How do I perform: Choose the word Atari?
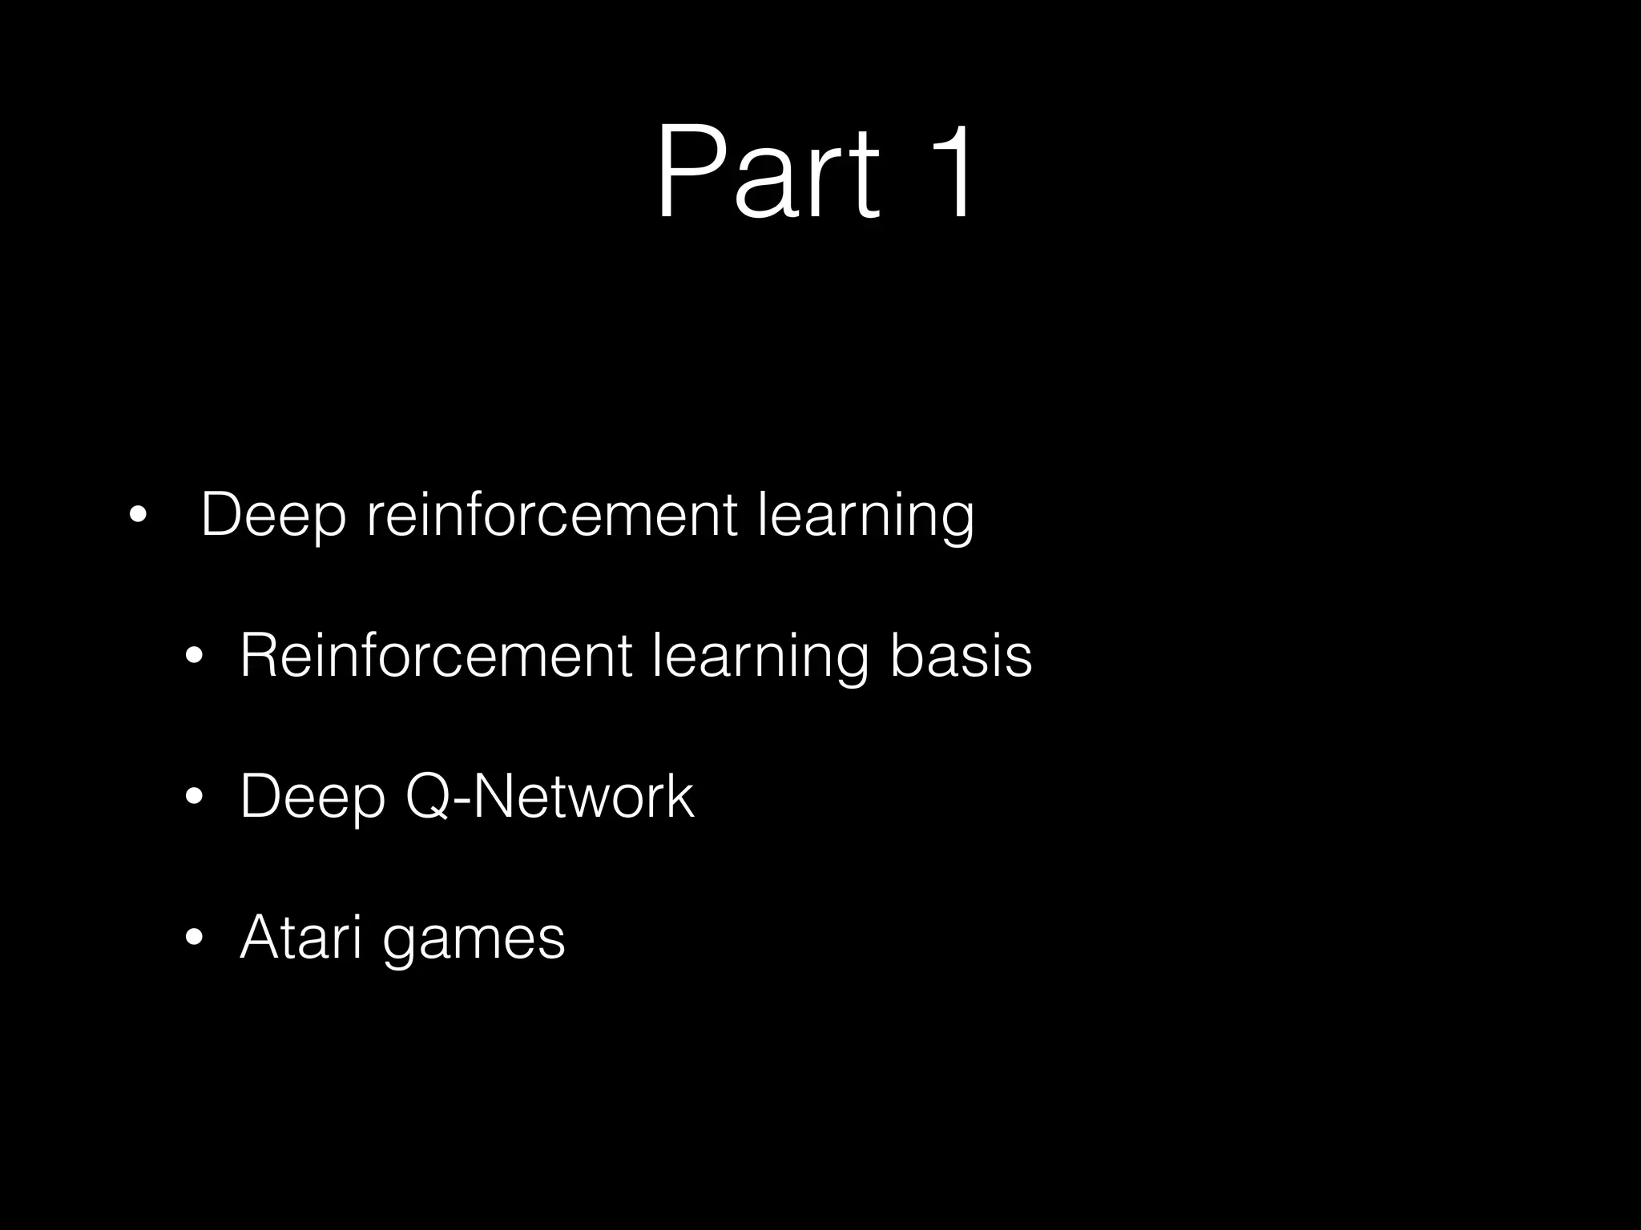(300, 937)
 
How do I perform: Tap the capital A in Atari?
(260, 936)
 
